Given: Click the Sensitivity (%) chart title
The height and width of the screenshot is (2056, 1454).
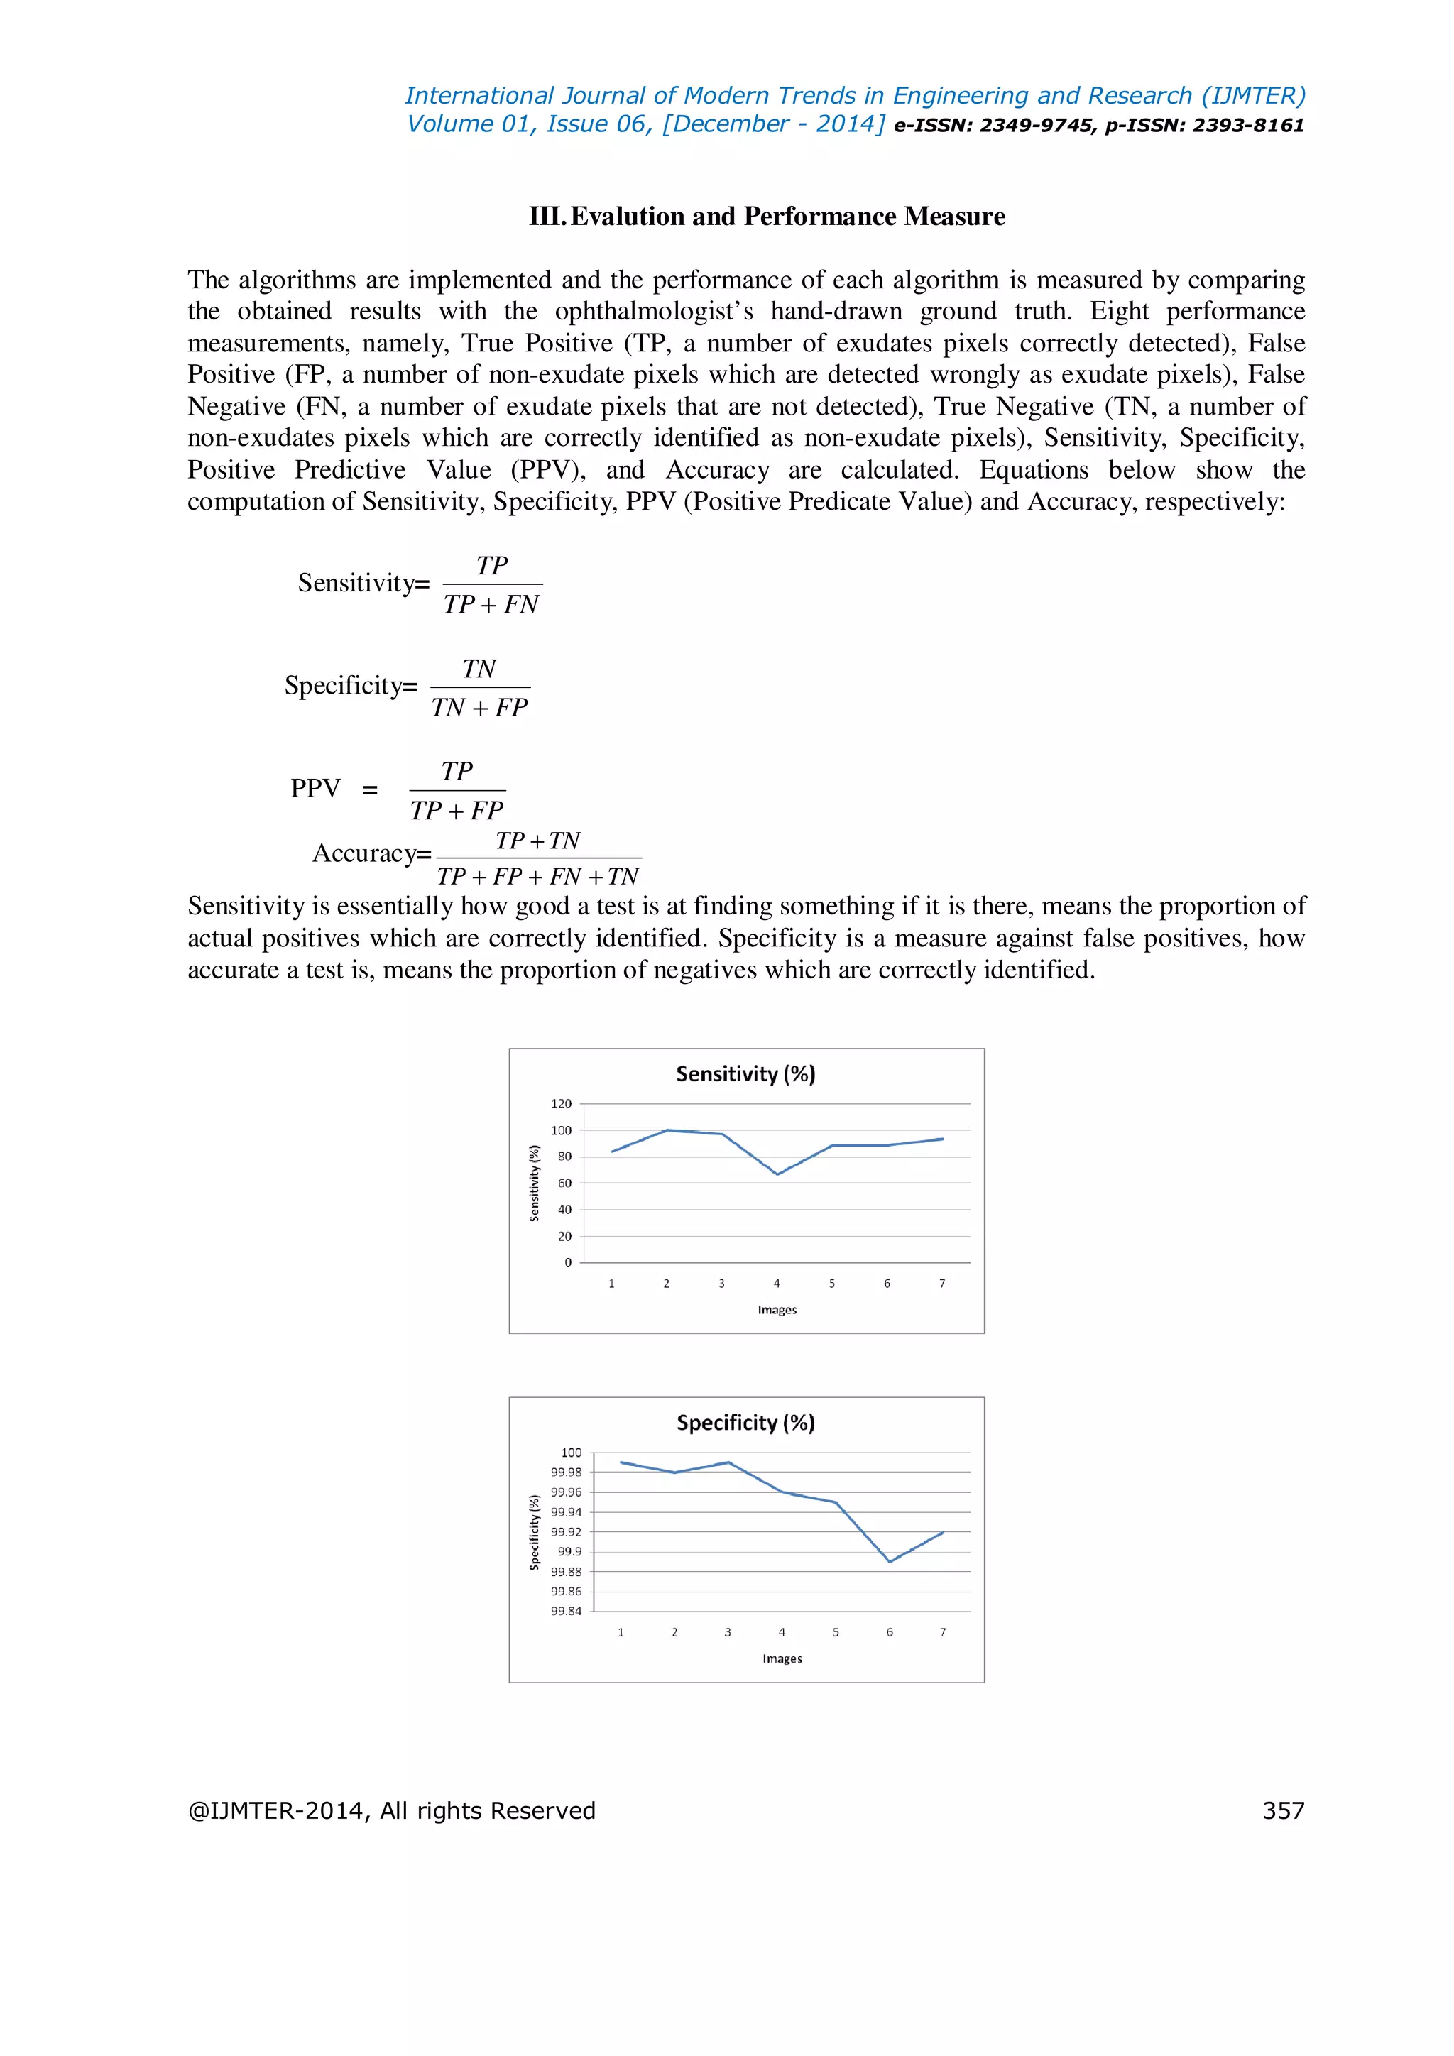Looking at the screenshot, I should (745, 1073).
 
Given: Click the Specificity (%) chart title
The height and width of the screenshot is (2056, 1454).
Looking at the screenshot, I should (745, 1422).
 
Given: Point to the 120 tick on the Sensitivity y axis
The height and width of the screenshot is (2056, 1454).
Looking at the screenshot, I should (562, 1104).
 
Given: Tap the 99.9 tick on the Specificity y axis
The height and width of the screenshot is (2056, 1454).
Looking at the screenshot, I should (569, 1552).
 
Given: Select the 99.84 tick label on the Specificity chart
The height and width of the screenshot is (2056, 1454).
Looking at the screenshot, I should (566, 1611).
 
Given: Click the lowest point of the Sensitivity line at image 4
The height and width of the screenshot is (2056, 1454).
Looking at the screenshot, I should (777, 1174).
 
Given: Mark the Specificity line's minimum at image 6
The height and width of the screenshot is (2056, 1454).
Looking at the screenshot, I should (889, 1562).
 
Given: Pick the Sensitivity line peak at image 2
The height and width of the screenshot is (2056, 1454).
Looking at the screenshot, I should (667, 1130).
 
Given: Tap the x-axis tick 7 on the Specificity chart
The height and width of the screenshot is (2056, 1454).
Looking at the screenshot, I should (943, 1632).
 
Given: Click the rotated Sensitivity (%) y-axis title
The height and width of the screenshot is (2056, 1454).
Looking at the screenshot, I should (535, 1183).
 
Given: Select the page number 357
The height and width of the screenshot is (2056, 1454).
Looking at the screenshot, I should (1283, 1810).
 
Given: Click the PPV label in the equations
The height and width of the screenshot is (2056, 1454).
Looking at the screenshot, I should (315, 789).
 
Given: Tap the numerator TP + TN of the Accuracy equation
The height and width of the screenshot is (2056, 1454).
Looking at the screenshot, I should (538, 841).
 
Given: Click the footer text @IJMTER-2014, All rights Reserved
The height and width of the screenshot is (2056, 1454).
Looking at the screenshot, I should (391, 1810).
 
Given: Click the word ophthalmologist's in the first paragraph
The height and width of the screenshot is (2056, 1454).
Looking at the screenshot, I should (654, 312).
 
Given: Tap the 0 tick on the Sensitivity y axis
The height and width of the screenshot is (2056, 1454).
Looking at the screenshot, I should (568, 1262).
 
